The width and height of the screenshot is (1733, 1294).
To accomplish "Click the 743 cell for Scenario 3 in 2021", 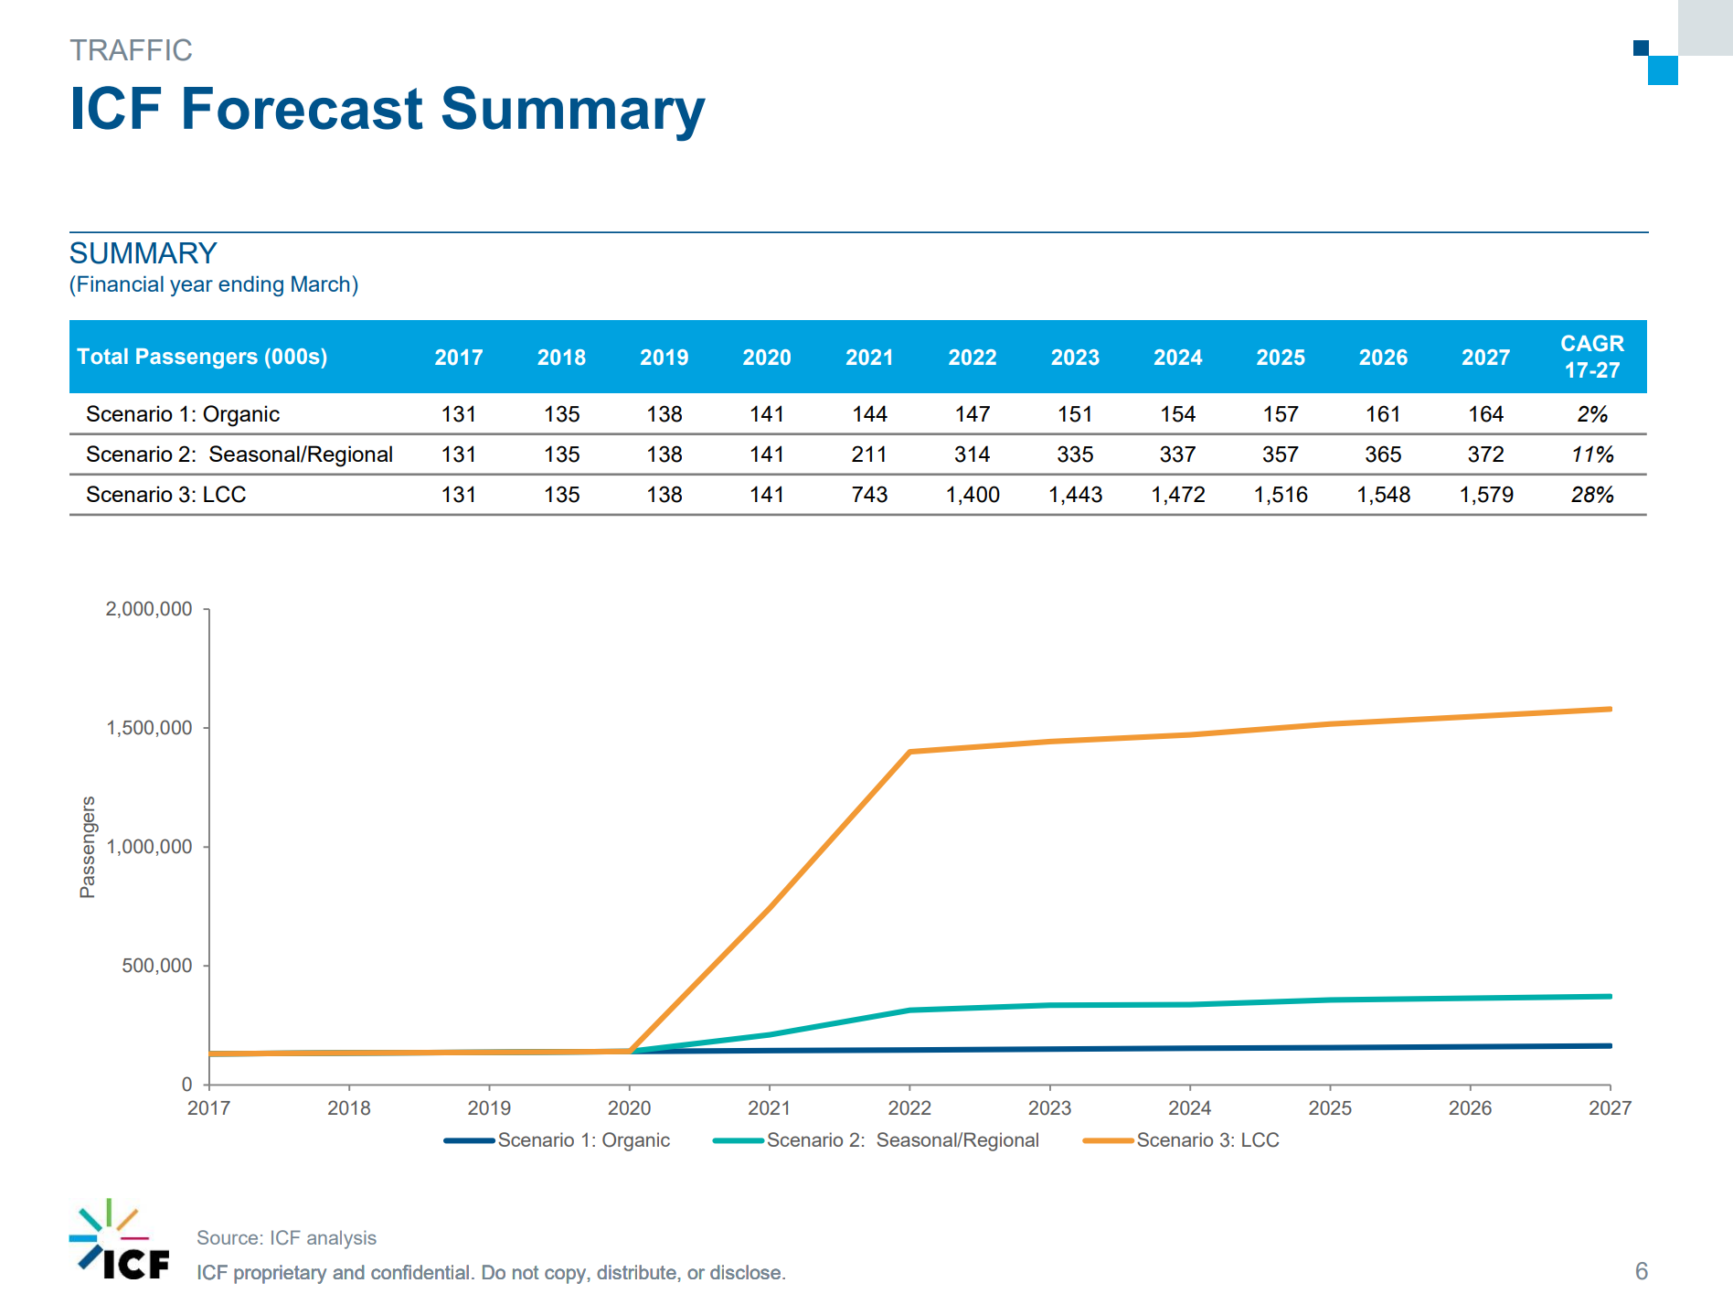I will click(869, 495).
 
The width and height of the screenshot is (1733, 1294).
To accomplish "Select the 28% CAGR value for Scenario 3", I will click(1591, 495).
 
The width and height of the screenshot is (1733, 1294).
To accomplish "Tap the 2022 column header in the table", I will click(972, 358).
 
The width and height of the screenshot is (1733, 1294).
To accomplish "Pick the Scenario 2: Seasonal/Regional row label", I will click(239, 455).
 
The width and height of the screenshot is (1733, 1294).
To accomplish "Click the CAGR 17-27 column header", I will click(1591, 357).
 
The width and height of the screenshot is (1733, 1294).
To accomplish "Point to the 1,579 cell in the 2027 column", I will click(1486, 495).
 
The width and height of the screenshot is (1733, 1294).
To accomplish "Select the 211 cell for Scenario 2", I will click(869, 455).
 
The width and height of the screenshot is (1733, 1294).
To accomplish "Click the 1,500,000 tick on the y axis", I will click(149, 728).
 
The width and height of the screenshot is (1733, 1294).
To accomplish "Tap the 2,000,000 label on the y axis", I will click(149, 609).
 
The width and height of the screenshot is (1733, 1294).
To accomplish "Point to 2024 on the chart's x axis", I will click(1189, 1108).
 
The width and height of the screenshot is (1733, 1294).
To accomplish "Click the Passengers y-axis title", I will click(88, 847).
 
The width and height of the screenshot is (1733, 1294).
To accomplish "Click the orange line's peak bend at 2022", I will click(909, 752).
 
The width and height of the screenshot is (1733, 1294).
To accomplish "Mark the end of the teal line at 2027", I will click(1610, 996).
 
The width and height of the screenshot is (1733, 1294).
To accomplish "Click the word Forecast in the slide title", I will click(302, 109).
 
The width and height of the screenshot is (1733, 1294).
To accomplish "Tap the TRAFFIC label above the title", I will click(131, 50).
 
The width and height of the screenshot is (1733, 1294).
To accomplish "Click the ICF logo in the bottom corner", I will click(119, 1241).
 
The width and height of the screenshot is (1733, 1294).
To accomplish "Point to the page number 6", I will click(1641, 1271).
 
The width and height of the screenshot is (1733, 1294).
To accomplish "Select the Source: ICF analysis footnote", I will click(286, 1238).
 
